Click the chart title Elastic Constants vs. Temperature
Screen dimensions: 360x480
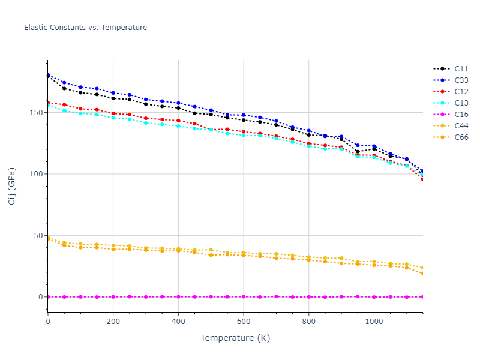click(x=85, y=28)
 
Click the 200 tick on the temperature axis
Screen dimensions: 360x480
click(x=113, y=322)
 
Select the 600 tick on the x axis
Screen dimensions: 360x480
click(x=244, y=322)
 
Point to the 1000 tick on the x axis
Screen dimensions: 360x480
click(x=374, y=322)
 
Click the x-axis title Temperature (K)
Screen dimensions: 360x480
click(x=235, y=338)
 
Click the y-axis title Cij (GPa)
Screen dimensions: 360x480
click(x=13, y=186)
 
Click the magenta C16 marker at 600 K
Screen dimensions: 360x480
click(x=244, y=296)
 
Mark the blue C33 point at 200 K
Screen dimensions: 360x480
click(x=113, y=93)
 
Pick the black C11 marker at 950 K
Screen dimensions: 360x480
click(x=358, y=152)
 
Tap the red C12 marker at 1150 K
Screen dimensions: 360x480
click(x=422, y=179)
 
